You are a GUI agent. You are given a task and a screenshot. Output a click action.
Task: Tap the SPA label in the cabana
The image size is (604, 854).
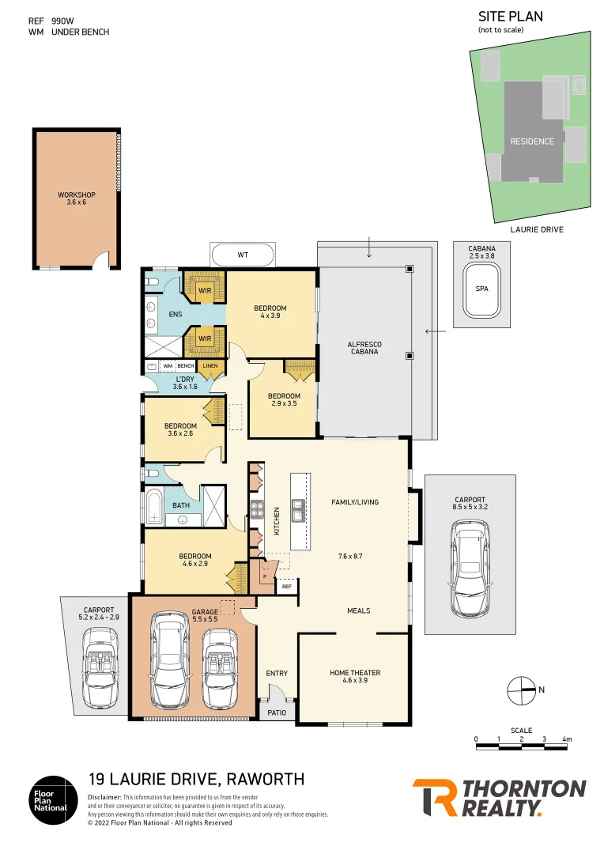(x=482, y=289)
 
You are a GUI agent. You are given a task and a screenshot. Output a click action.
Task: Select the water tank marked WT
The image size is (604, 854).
(x=243, y=255)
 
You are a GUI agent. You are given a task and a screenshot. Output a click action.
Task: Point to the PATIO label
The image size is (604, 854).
(x=277, y=712)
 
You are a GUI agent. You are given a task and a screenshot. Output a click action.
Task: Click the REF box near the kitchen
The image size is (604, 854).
(x=286, y=587)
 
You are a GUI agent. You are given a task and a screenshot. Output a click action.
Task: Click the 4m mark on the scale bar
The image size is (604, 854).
(x=566, y=739)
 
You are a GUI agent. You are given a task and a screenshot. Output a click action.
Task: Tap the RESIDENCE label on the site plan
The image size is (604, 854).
(x=532, y=142)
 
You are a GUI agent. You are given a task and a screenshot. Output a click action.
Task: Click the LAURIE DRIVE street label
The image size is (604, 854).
(x=537, y=229)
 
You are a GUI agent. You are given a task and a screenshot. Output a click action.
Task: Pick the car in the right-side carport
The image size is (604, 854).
(x=470, y=573)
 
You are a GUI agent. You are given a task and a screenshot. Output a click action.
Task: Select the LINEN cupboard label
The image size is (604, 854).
(x=210, y=366)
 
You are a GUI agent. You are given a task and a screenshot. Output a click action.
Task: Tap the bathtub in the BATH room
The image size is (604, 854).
(x=154, y=506)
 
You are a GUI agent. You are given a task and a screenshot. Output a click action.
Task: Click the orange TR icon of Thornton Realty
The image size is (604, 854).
(x=434, y=798)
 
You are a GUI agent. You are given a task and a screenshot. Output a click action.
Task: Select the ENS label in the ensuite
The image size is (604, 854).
(x=176, y=314)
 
